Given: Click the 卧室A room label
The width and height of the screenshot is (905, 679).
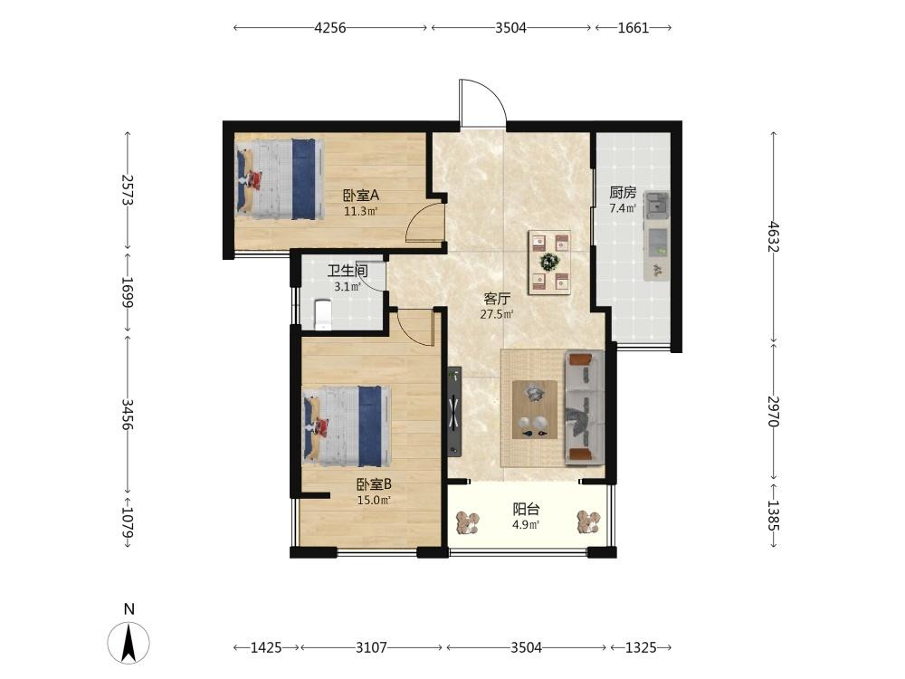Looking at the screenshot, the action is point(361,196).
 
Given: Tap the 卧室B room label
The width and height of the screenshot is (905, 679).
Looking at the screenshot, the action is point(374,484).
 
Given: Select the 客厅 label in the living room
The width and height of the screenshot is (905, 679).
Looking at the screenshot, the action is point(497,299).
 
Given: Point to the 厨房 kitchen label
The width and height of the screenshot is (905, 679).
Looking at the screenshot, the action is point(623,192).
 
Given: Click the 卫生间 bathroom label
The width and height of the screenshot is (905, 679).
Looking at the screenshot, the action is point(348,271).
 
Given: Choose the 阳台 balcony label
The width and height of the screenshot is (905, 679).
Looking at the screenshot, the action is point(526,509).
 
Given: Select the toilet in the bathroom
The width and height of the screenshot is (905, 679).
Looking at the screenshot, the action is point(323,314).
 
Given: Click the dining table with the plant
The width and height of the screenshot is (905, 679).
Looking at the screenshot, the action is point(549,263).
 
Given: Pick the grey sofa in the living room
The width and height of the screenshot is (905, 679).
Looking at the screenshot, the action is point(584,407).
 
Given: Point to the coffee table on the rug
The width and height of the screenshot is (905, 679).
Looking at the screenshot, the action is point(535,409).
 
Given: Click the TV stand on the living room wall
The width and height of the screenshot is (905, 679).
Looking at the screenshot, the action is point(454,411).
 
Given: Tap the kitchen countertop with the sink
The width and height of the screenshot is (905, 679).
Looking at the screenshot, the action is point(657,236).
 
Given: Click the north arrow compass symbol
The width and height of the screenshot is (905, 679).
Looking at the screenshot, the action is point(129,643).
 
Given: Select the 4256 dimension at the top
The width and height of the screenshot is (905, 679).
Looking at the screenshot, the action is point(330,28).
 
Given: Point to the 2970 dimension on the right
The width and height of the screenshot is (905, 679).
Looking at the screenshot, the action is point(774,411).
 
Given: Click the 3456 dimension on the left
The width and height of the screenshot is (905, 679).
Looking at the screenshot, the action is point(128,414).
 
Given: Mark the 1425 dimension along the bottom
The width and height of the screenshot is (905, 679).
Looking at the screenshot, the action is point(266,648).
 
